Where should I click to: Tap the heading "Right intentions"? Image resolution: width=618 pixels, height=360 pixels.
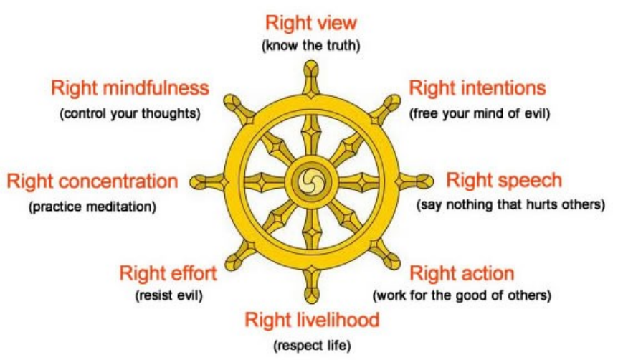point(477,88)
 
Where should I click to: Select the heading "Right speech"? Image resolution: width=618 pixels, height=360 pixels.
point(504,180)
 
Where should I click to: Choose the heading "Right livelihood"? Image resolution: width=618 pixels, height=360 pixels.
point(312,320)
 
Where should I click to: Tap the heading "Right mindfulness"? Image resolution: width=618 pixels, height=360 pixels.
point(130,88)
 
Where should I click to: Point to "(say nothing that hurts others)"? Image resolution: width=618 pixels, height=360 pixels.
point(511,205)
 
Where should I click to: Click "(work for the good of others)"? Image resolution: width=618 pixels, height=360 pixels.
point(462,295)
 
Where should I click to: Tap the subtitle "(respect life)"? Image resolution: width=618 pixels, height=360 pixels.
point(312,347)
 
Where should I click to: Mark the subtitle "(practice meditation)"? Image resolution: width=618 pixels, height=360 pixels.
point(92,207)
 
